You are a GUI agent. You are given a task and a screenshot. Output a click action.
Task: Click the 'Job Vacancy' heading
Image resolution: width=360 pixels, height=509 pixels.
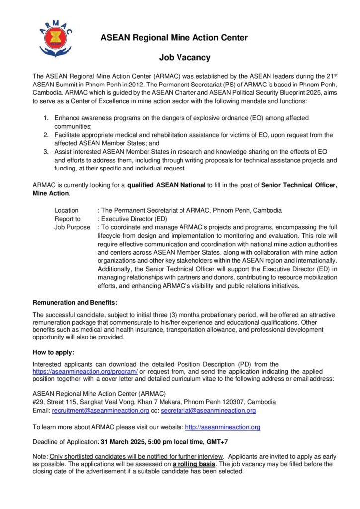pyautogui.click(x=185, y=57)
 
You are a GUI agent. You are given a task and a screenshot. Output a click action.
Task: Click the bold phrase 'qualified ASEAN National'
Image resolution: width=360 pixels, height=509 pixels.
pyautogui.click(x=167, y=185)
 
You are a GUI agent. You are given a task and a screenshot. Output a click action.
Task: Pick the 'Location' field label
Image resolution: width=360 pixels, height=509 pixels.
pyautogui.click(x=66, y=210)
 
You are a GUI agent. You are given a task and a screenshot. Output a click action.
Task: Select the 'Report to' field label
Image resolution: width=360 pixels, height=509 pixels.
pyautogui.click(x=67, y=219)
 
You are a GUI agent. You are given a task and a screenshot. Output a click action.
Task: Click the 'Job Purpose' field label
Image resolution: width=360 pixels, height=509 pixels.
pyautogui.click(x=72, y=227)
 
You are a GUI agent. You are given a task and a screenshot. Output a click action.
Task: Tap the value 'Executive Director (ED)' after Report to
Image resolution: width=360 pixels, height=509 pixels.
pyautogui.click(x=133, y=219)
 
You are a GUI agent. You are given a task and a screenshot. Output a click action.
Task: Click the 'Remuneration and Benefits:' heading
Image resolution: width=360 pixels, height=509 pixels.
pyautogui.click(x=75, y=302)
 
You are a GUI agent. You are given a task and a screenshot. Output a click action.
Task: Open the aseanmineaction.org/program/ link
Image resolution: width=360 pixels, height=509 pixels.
pyautogui.click(x=85, y=371)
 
